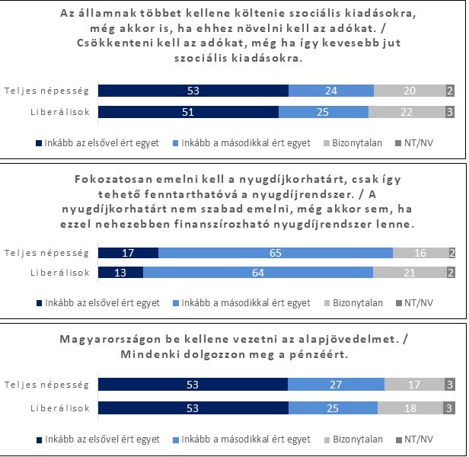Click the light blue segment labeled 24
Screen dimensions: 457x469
(x=331, y=91)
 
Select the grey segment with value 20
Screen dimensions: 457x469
(x=409, y=91)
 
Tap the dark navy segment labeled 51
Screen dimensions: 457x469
(x=189, y=112)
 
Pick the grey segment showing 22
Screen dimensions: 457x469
(x=407, y=112)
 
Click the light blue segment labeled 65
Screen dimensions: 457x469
(x=276, y=253)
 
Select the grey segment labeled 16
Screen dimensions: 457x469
(x=420, y=253)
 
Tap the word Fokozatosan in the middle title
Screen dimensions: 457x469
(x=120, y=180)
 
